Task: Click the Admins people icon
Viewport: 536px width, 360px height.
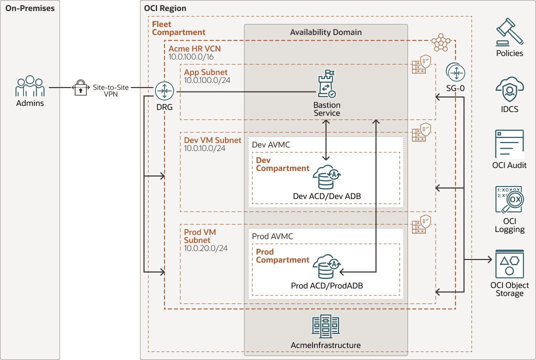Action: pos(30,86)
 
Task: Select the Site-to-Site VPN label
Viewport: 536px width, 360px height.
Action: pos(110,90)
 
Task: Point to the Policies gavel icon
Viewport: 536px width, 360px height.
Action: pos(509,32)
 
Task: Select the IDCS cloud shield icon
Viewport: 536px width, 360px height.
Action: pos(509,90)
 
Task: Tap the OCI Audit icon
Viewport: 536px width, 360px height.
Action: pos(509,144)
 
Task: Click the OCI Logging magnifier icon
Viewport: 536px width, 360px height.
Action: pos(509,201)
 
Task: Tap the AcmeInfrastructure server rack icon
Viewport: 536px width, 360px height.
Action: pos(325,327)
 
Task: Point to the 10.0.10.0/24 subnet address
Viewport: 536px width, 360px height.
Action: pos(205,148)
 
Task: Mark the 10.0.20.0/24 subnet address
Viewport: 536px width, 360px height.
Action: pos(206,248)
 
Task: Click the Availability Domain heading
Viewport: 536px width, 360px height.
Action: pos(325,32)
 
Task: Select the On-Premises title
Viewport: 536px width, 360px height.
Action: pos(29,8)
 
